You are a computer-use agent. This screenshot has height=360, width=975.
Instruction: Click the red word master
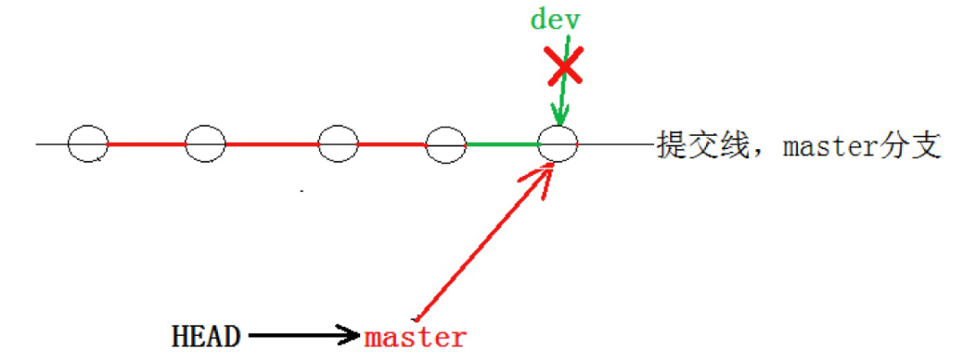[x=415, y=338]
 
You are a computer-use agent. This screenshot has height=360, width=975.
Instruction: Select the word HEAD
[x=206, y=337]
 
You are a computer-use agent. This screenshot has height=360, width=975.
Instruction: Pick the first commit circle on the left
[x=88, y=144]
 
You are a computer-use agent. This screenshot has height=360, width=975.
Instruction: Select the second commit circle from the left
[x=205, y=144]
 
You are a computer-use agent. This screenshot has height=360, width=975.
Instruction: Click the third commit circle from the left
[x=338, y=144]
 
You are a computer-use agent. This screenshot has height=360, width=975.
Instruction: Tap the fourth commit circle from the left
[x=446, y=145]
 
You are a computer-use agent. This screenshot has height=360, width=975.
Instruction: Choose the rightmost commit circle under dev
[x=559, y=144]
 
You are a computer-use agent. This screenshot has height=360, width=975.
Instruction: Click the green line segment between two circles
[x=502, y=144]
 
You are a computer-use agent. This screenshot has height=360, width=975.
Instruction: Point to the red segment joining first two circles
[x=147, y=144]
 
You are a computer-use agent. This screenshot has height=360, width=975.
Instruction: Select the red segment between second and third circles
[x=272, y=144]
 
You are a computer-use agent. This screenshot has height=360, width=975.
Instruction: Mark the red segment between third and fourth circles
[x=392, y=144]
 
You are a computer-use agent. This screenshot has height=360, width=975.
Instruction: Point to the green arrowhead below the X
[x=559, y=115]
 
